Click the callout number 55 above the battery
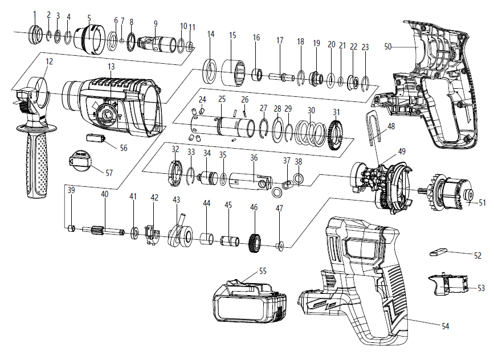263,271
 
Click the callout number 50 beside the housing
388,47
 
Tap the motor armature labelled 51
453,194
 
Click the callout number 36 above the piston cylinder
254,157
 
